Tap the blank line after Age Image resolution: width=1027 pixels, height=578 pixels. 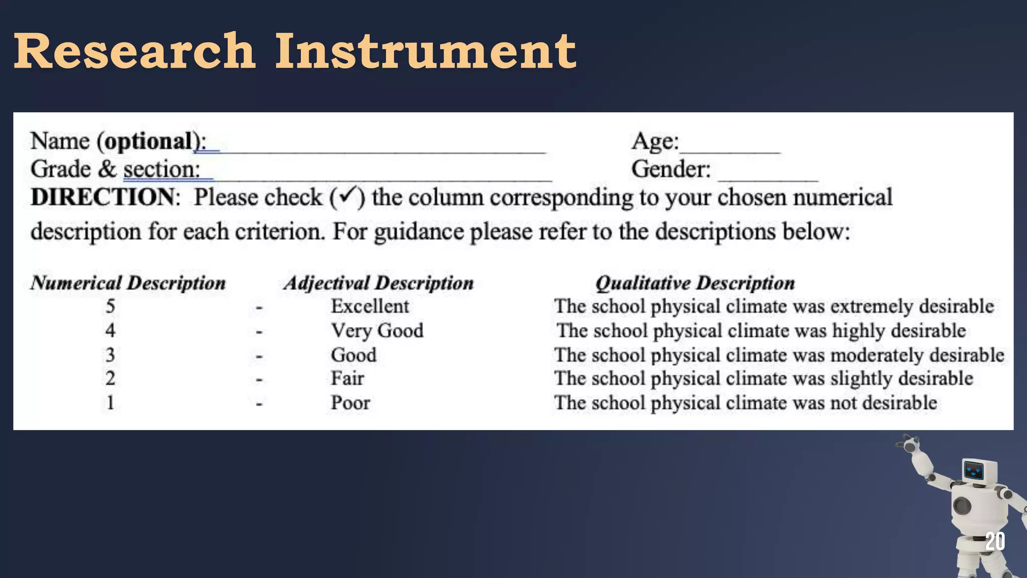(730, 150)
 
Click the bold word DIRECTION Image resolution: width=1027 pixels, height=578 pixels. (103, 197)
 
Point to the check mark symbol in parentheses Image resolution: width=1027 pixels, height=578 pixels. (347, 196)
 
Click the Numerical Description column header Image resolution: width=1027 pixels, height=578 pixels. (128, 283)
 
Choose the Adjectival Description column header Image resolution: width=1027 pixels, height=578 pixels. (379, 283)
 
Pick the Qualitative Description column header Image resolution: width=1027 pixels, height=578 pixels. (695, 283)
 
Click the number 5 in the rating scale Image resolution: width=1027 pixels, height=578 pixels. (110, 306)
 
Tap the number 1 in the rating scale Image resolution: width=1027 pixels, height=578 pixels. (110, 402)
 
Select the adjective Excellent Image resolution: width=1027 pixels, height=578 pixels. (370, 306)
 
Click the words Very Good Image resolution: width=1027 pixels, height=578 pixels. (377, 331)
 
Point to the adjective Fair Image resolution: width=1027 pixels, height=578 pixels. (347, 378)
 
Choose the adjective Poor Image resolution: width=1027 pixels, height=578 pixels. (350, 402)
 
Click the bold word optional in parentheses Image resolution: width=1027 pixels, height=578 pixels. (149, 141)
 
